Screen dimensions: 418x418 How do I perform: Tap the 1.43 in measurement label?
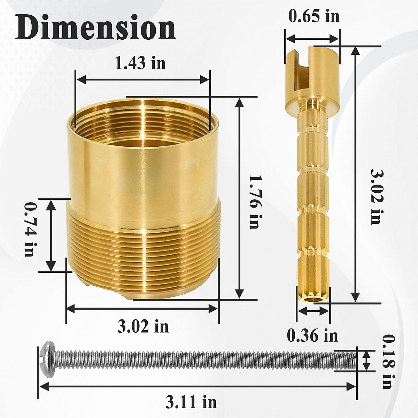click(x=140, y=63)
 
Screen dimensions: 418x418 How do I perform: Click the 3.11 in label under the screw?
click(x=191, y=402)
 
